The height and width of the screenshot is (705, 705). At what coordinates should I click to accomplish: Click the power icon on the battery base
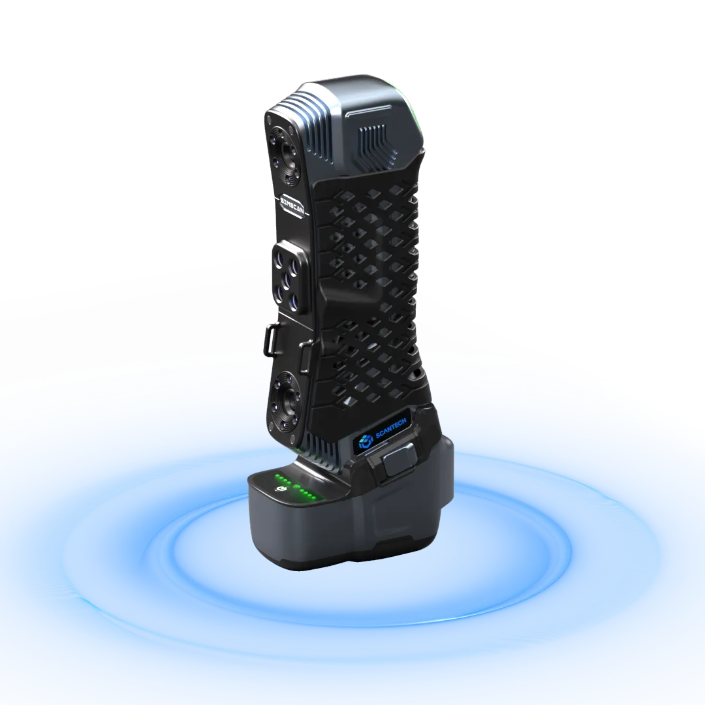pos(281,488)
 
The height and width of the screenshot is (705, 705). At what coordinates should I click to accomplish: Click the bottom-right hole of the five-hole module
pos(295,302)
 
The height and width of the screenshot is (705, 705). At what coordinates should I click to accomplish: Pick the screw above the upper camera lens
pos(270,121)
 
